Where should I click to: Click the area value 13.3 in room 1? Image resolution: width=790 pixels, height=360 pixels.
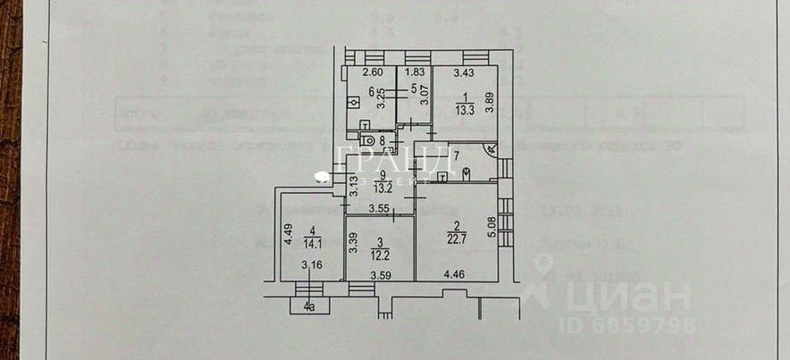[463, 112]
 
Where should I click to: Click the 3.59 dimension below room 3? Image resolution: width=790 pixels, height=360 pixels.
[382, 275]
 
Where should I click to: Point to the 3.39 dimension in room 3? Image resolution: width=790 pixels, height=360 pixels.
[356, 243]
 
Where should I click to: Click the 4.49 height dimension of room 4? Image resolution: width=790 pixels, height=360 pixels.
[288, 234]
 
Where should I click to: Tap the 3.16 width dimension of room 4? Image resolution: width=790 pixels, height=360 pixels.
[312, 264]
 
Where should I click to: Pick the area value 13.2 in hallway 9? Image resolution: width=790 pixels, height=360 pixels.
[382, 188]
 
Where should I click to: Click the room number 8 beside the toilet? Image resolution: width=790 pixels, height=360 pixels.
[382, 139]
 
